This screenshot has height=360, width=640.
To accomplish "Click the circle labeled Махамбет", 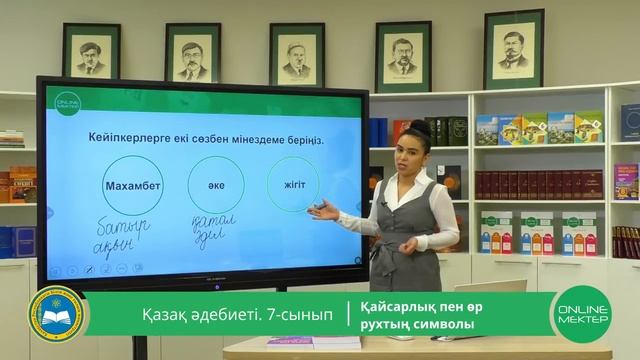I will [x=132, y=185].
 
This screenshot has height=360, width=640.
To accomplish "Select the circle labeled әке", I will [x=215, y=185].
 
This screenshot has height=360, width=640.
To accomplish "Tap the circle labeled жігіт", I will [x=294, y=185].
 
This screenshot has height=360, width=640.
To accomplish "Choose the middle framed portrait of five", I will [x=296, y=56].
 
